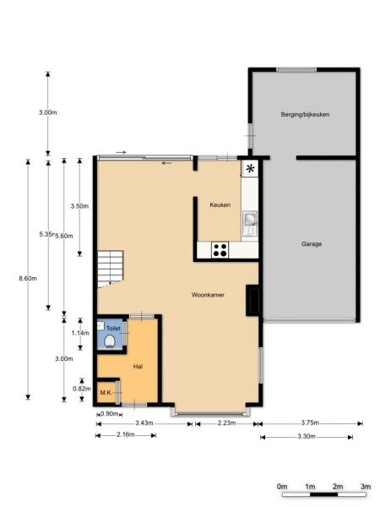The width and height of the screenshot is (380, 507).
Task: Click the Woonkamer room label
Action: [x=208, y=295]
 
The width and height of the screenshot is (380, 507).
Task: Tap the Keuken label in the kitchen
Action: [x=220, y=205]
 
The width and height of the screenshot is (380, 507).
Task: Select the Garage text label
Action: [x=312, y=244]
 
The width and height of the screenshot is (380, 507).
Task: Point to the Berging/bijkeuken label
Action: [x=305, y=114]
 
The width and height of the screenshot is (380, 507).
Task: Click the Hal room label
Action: [x=138, y=367]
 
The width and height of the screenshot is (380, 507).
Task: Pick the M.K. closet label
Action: [x=106, y=393]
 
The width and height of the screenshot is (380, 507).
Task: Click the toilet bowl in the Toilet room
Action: [x=110, y=341]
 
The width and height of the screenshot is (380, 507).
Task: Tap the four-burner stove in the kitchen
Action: [x=220, y=250]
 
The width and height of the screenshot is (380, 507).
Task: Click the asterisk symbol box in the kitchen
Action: [x=250, y=168]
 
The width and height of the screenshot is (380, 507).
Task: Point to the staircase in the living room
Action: [x=110, y=269]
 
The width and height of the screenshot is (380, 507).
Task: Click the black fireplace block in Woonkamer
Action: [x=252, y=300]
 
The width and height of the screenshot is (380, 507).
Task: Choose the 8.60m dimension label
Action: [x=28, y=278]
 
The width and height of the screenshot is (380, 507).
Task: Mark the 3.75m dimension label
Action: [x=310, y=422]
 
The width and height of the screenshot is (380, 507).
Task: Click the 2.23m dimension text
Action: [x=226, y=423]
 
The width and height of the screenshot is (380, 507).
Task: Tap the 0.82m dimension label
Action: [x=81, y=389]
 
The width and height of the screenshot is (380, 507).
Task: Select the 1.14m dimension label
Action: [x=80, y=333]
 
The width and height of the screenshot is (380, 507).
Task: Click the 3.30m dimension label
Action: [x=307, y=437]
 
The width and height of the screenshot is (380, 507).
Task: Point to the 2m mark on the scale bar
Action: [x=338, y=487]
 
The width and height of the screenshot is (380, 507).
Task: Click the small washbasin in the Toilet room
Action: [x=100, y=325]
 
